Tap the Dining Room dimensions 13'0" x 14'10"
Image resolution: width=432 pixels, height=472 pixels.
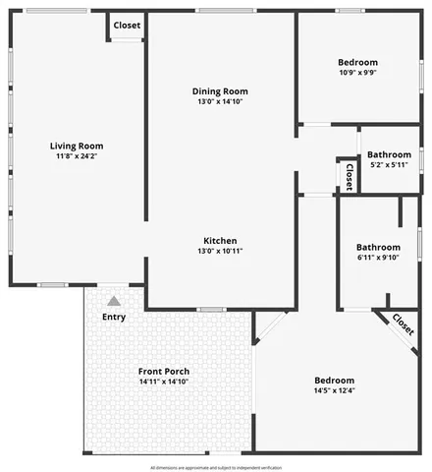click(x=220, y=101)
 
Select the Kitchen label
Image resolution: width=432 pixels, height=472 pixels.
click(x=220, y=241)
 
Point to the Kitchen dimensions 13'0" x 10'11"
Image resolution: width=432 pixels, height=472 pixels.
click(x=220, y=251)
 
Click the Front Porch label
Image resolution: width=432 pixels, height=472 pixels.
click(x=163, y=371)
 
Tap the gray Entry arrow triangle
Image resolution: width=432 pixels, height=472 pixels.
click(x=114, y=301)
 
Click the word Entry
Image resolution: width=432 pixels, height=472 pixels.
click(x=114, y=317)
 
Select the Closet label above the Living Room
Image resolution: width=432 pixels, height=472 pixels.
click(x=127, y=25)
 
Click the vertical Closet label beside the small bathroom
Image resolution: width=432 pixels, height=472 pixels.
click(x=349, y=175)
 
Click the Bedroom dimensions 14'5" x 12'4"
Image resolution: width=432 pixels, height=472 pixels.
click(x=334, y=390)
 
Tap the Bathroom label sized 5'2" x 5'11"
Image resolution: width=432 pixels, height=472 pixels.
click(x=389, y=154)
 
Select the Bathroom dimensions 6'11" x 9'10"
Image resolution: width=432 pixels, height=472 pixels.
click(x=378, y=258)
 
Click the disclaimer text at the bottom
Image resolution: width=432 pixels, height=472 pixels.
click(x=216, y=467)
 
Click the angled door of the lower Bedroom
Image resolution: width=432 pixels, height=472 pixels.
click(x=270, y=327)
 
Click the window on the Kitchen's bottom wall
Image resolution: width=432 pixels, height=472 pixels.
click(x=211, y=310)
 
